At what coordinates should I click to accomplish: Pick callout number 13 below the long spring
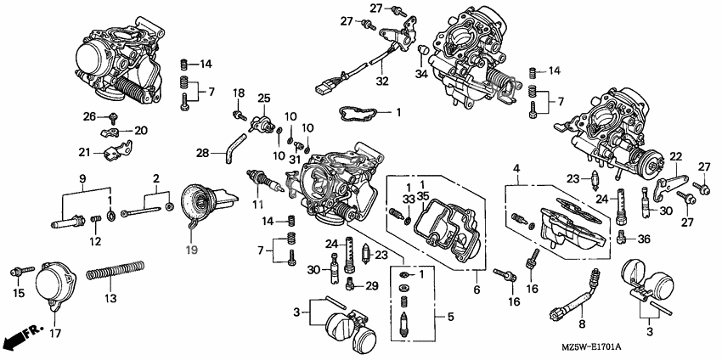[110, 298]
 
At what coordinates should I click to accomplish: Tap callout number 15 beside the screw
[19, 293]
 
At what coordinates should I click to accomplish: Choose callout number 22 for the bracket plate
[675, 156]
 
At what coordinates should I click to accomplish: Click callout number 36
[642, 239]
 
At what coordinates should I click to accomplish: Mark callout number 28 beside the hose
[202, 153]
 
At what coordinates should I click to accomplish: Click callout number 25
[264, 99]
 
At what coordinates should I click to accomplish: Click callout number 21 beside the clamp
[84, 152]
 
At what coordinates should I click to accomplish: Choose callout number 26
[89, 115]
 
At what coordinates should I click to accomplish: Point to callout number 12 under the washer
[95, 242]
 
